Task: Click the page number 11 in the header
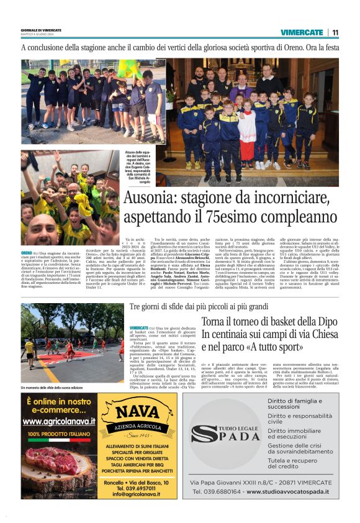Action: [335, 32]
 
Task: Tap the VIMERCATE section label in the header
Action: [302, 32]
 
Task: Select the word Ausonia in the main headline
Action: [151, 199]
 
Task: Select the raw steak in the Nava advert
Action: [58, 461]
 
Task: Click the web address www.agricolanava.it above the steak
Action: [58, 421]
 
